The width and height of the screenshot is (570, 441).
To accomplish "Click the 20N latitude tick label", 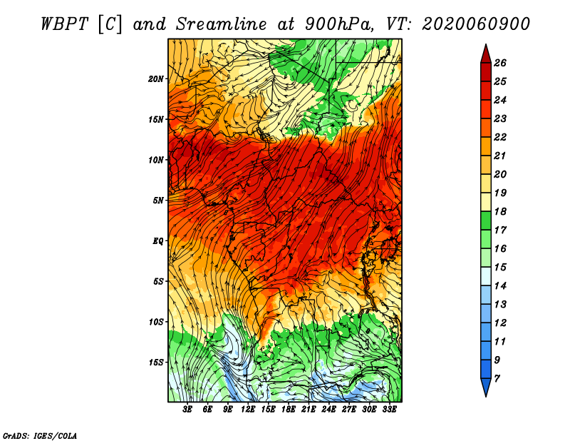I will click(x=156, y=78).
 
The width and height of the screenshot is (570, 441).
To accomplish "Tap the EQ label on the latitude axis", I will click(x=158, y=240).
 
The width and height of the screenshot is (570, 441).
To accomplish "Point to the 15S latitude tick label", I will click(x=156, y=362).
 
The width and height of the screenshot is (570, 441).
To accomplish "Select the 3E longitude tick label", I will click(x=188, y=409).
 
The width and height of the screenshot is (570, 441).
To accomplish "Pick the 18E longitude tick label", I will click(x=289, y=409).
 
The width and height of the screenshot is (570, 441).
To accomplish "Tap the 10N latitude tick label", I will click(x=156, y=160).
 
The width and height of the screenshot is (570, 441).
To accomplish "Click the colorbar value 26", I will click(x=500, y=62).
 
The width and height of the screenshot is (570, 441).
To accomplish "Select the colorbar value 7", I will click(x=497, y=377).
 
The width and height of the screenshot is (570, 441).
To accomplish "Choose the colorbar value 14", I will click(x=500, y=285).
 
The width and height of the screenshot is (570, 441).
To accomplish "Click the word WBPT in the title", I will click(x=61, y=24).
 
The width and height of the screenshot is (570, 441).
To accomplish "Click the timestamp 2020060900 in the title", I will click(x=476, y=24).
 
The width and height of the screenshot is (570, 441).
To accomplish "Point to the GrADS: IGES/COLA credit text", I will click(x=39, y=435).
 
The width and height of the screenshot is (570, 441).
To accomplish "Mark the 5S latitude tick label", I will click(x=158, y=281).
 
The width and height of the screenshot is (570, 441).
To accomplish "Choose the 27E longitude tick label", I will click(x=348, y=409).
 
